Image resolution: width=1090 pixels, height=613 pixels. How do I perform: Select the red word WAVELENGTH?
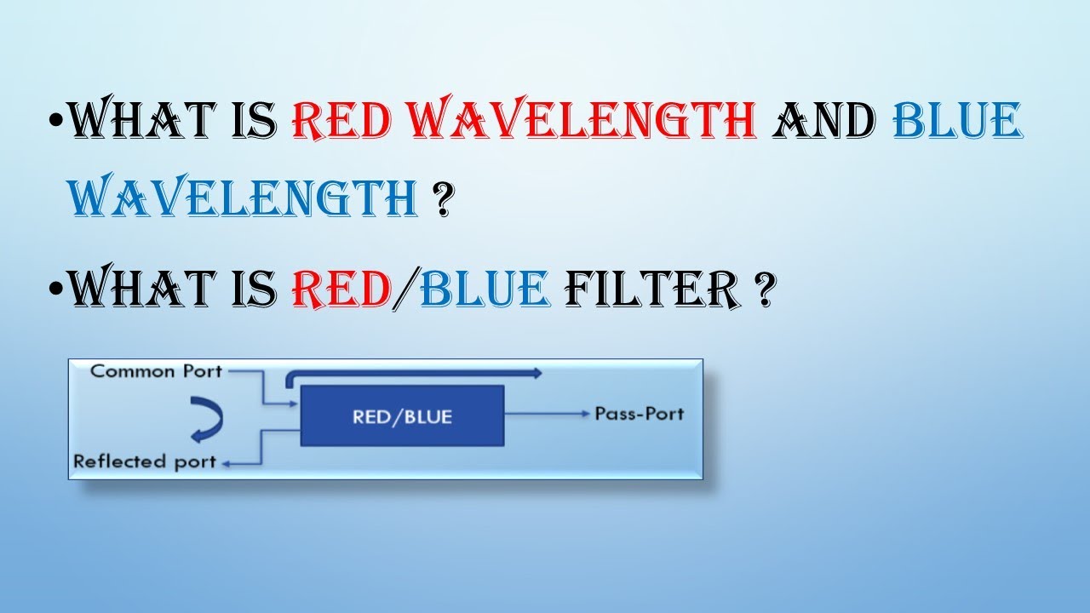pos(584,121)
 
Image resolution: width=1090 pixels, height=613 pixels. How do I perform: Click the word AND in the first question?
pos(823,121)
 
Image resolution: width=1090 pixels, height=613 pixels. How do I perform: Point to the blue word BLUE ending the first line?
pos(956,121)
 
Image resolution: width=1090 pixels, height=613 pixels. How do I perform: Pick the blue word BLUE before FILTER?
pos(484,289)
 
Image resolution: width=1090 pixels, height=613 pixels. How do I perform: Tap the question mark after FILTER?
pos(763,290)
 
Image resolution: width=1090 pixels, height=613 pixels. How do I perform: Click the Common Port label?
pos(156,371)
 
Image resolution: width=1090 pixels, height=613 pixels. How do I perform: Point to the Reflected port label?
pos(143,462)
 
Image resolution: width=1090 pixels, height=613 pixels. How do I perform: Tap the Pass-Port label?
pos(639,415)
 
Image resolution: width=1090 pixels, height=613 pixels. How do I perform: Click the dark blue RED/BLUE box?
pos(402,416)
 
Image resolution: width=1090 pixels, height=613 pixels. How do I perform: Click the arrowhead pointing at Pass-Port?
pos(586,415)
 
